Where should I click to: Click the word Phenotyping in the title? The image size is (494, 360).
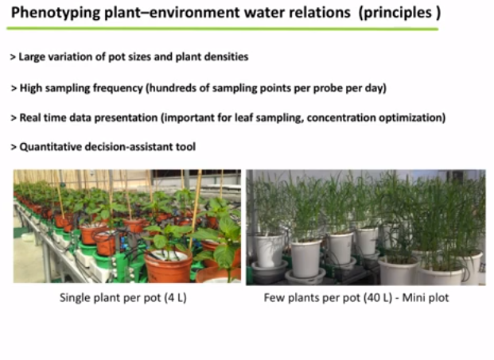tap(56, 14)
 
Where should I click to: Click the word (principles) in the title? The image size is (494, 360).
tap(400, 14)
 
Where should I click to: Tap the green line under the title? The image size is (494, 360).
tap(223, 29)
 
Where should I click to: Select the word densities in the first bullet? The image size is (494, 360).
tap(227, 57)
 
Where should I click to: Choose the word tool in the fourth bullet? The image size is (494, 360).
tap(186, 147)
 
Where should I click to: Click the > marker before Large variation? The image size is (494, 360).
tap(13, 57)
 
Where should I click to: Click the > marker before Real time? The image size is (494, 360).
tap(14, 118)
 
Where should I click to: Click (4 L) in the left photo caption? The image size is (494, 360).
tap(176, 298)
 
